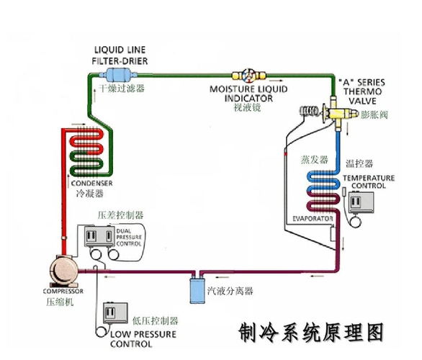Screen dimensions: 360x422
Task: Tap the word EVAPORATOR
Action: pyautogui.click(x=312, y=217)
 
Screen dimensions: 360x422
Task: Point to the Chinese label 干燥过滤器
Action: pyautogui.click(x=122, y=88)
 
